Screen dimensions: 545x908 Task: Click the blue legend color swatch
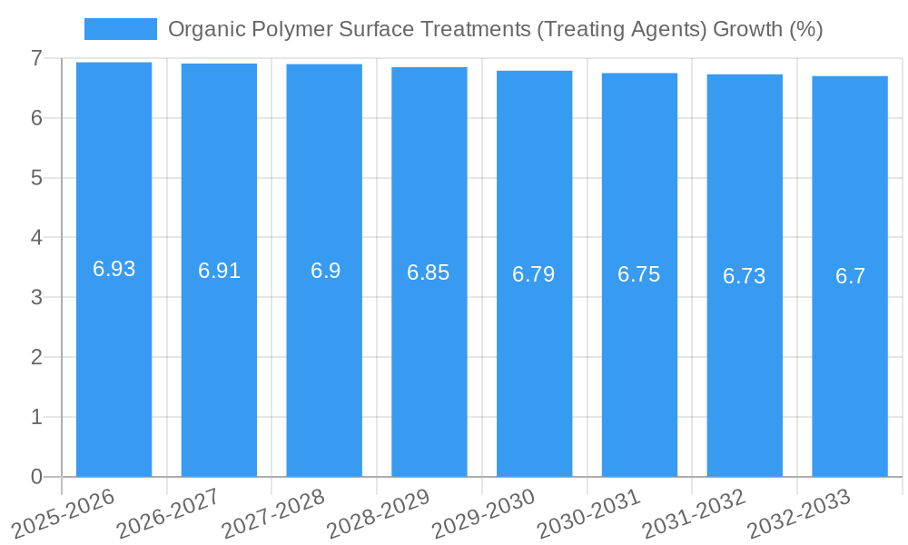[120, 29]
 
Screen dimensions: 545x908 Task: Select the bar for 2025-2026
[113, 363]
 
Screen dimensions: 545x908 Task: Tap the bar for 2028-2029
[429, 363]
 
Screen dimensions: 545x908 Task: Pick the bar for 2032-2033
[850, 363]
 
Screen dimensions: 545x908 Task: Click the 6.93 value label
[114, 269]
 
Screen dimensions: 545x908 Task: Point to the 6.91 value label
[219, 271]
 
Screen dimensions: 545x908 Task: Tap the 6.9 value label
[325, 271]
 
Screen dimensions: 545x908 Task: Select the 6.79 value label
[534, 274]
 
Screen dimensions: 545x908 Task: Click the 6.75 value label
[639, 275]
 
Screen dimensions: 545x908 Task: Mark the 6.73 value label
[745, 277]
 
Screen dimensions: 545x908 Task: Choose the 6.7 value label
[850, 277]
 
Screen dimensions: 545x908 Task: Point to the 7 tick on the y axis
[36, 58]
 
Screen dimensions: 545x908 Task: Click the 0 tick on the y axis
[36, 477]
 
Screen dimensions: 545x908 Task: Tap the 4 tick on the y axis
[36, 238]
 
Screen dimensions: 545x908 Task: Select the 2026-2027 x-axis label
[169, 515]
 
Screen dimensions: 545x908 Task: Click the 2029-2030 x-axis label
[484, 515]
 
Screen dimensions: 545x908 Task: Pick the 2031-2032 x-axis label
[694, 515]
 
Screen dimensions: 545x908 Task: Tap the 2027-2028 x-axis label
[273, 515]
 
